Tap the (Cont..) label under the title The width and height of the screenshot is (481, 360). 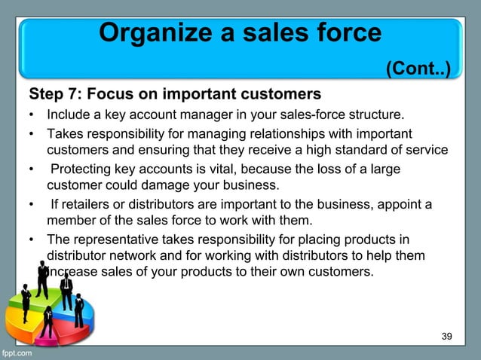point(418,70)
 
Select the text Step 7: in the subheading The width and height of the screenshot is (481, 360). point(56,95)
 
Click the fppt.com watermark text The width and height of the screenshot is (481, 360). point(17,352)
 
